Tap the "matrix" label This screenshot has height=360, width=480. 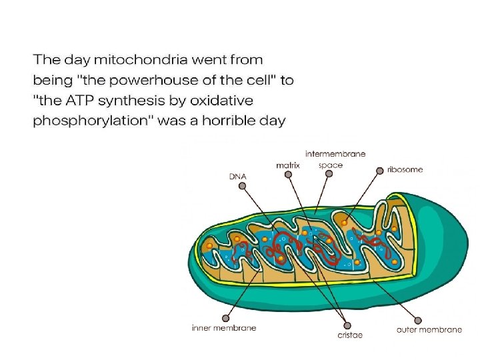tap(288, 165)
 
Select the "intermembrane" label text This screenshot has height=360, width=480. tap(335, 154)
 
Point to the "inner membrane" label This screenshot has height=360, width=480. tap(223, 328)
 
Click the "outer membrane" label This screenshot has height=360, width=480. tap(429, 329)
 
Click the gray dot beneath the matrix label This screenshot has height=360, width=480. tap(288, 175)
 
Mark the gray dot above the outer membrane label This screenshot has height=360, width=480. tap(418, 319)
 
